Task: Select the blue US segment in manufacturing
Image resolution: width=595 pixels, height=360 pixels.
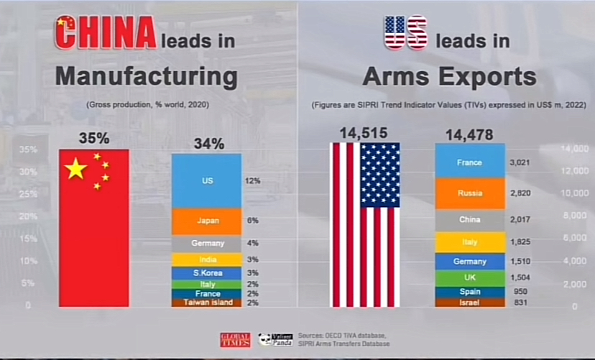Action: pos(206,180)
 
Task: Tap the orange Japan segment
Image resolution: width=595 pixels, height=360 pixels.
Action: pos(206,221)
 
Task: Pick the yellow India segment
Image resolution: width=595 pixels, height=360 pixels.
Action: pos(206,259)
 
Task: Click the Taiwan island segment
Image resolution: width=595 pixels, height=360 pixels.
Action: pos(206,303)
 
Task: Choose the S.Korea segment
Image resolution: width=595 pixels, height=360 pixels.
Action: pos(206,273)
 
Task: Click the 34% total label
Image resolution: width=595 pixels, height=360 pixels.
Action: pos(206,143)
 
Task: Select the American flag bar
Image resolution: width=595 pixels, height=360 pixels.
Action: pos(364,224)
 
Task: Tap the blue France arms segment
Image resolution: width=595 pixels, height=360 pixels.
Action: pos(469,162)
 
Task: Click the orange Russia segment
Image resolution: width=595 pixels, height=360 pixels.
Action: pos(469,193)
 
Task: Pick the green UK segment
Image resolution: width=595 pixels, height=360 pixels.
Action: pos(469,277)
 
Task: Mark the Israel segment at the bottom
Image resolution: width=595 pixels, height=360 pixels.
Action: pos(469,303)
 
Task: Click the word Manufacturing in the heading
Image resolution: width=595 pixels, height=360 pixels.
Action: pos(146,75)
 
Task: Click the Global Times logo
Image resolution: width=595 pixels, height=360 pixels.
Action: pos(235,340)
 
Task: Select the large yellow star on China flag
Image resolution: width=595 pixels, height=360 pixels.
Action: pos(75,170)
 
